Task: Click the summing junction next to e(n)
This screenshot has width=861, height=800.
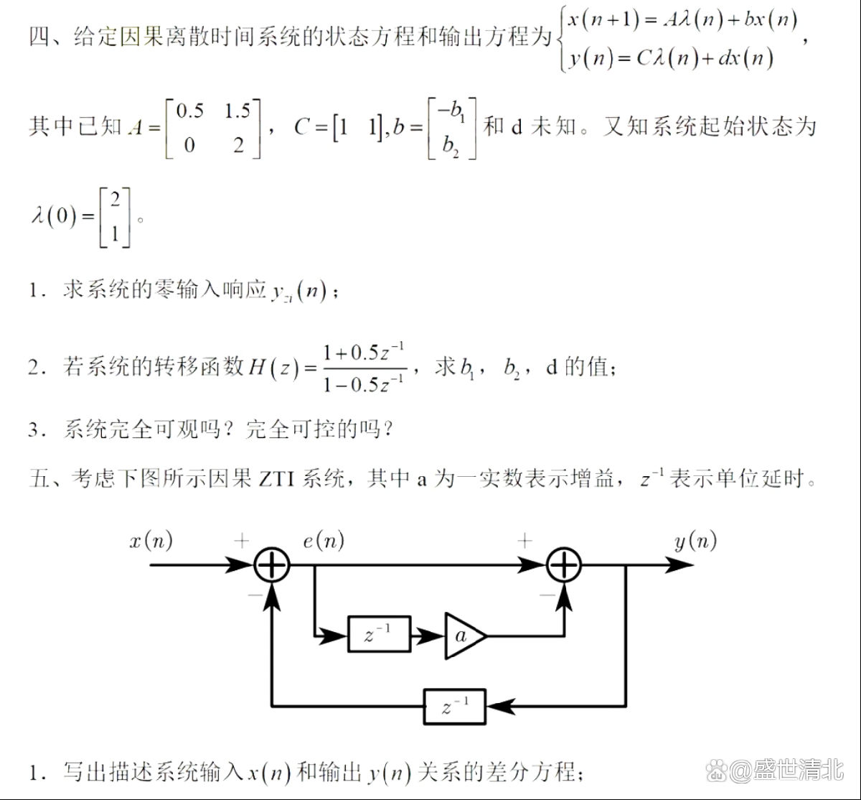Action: click(x=272, y=564)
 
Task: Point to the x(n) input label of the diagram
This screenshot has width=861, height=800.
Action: click(x=151, y=541)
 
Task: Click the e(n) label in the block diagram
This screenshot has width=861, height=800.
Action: click(x=324, y=541)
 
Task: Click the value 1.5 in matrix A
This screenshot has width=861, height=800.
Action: click(x=237, y=111)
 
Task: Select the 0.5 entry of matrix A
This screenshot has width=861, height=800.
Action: click(x=190, y=111)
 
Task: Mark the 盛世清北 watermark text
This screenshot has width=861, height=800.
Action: click(x=799, y=770)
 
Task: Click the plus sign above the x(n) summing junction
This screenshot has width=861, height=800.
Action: click(x=242, y=541)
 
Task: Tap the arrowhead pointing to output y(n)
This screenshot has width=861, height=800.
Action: click(x=679, y=564)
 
